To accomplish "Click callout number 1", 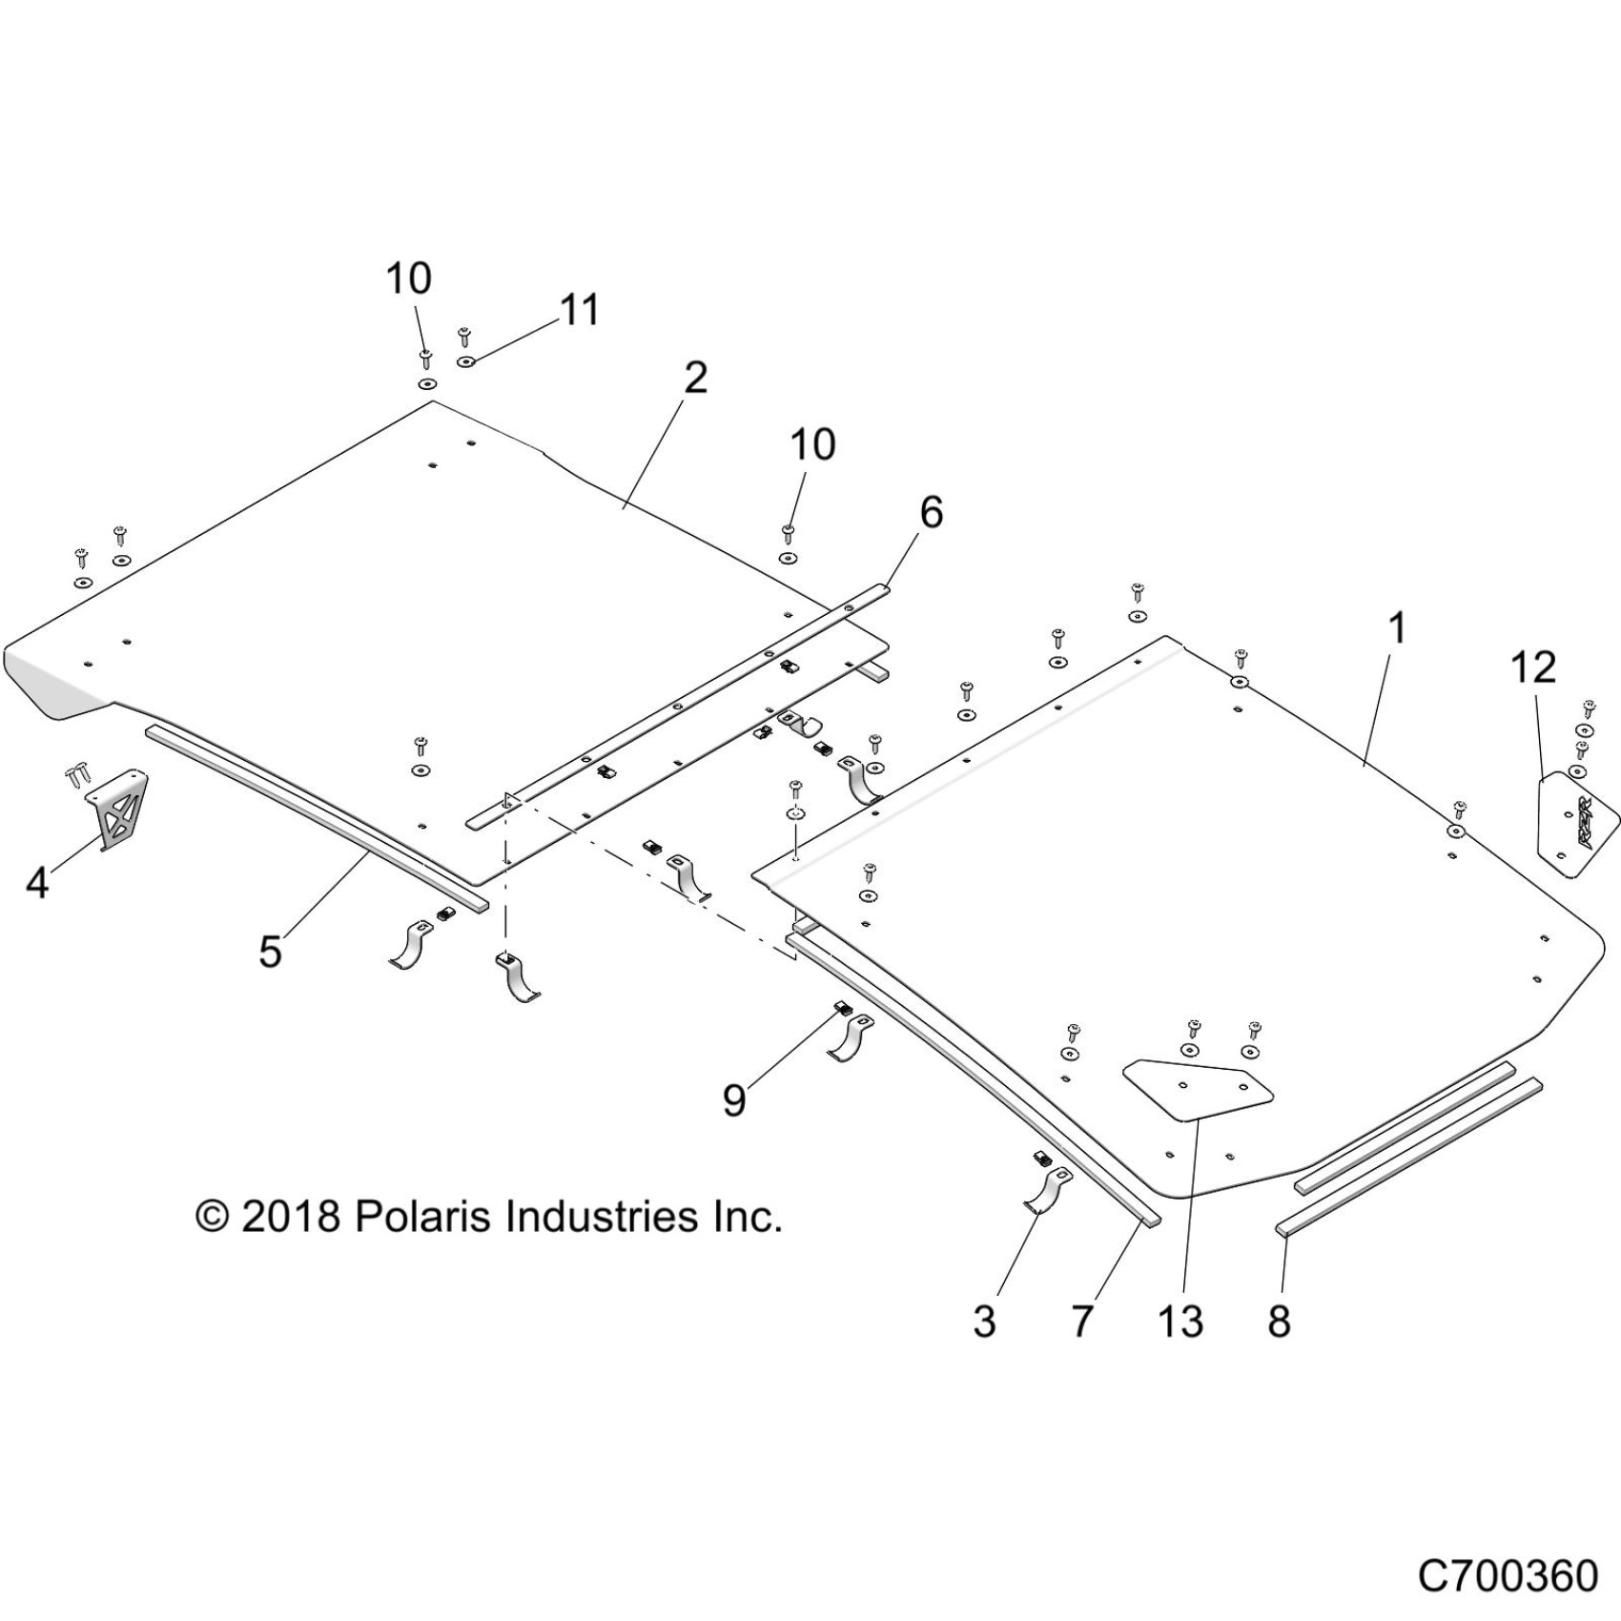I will coord(1396,628).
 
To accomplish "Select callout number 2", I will coord(696,379).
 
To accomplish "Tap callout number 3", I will coord(984,1321).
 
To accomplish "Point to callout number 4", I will coord(36,883).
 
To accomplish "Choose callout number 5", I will coord(271,951).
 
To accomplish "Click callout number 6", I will coord(931,513).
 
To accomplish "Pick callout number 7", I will coord(1080,1321).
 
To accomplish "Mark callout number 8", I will coord(1279,1321).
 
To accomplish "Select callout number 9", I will coord(733,1099).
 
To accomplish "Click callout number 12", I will coord(1533,667).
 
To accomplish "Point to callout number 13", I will coord(1180,1321).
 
